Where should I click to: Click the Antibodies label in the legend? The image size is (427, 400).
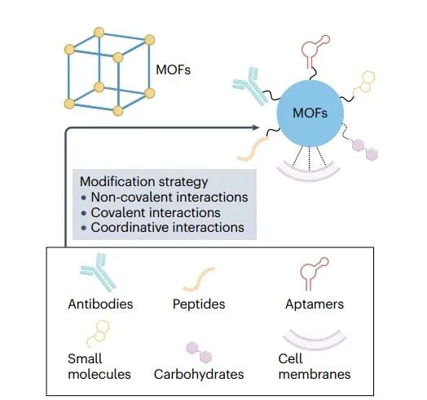tap(99, 304)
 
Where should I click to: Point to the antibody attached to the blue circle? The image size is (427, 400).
tap(249, 91)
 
